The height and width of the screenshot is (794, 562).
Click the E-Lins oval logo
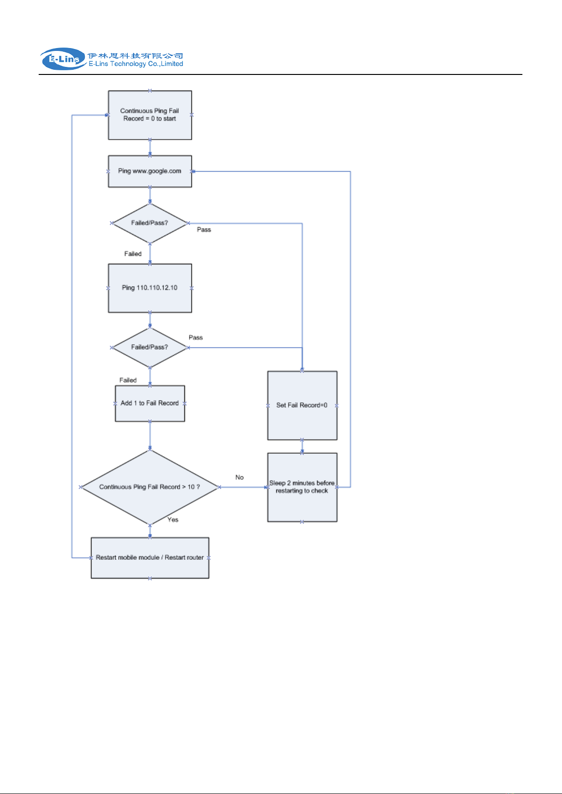63,59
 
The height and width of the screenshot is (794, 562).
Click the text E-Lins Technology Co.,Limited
136,64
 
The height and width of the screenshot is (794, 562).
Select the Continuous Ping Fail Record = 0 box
150,115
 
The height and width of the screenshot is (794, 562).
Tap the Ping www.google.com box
150,171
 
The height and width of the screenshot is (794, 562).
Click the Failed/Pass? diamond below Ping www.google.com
150,223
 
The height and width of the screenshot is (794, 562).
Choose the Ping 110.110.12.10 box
150,288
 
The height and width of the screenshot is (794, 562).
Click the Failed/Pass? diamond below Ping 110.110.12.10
150,348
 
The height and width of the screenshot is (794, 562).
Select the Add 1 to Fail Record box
150,403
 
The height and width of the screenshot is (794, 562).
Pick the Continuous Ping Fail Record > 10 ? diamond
150,487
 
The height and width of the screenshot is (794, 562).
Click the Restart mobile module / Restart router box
150,558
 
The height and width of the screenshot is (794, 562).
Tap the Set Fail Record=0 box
302,406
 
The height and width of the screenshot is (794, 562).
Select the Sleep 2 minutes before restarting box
302,487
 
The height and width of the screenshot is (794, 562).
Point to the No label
240,477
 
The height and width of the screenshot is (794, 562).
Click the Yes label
173,520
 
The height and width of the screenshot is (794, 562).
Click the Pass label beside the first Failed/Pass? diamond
204,229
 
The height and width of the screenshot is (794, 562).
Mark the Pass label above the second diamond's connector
196,337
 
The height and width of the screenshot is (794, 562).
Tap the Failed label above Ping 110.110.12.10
133,254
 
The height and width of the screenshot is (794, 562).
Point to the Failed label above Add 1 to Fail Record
128,380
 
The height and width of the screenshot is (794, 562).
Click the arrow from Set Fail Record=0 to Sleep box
302,447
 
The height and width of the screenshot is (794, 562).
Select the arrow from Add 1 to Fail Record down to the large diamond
150,435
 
